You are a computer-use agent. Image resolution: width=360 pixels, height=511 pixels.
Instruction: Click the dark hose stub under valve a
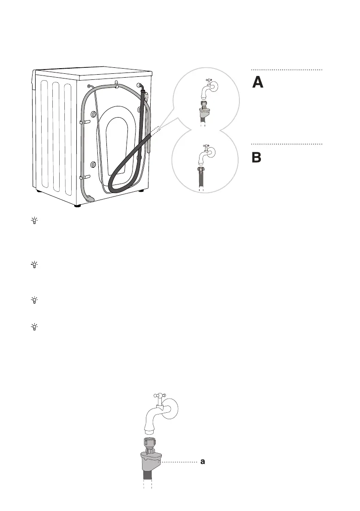tap(148, 475)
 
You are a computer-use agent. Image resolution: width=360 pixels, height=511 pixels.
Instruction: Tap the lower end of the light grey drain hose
tap(91, 198)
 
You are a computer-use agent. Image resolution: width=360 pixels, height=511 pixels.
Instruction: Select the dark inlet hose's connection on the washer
tap(142, 88)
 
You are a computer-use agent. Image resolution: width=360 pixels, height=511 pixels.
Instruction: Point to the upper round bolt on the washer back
tap(93, 115)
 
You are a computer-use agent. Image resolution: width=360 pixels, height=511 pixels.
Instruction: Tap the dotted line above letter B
tap(286, 144)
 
